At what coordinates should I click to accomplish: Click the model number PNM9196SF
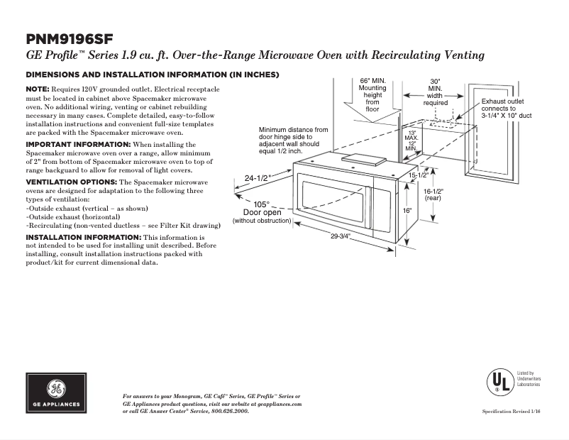70,38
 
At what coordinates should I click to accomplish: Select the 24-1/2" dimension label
258,178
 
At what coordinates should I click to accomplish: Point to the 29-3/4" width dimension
341,236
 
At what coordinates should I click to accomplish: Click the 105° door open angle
262,204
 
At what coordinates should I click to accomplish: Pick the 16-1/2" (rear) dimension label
433,194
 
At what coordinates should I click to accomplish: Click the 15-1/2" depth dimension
417,175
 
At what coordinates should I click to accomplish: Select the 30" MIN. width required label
435,92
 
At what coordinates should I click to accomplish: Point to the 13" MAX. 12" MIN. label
411,140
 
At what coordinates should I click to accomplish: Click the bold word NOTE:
40,88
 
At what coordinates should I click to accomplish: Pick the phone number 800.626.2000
230,412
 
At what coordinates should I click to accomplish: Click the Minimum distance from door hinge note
294,141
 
